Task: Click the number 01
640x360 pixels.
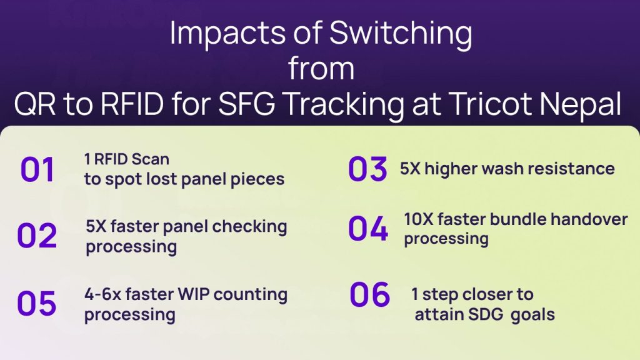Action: tap(37, 170)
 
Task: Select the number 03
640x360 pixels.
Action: tap(369, 169)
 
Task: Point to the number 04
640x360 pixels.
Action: tap(368, 229)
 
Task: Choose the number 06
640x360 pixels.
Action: tap(370, 295)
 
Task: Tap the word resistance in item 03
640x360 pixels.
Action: tap(569, 168)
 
